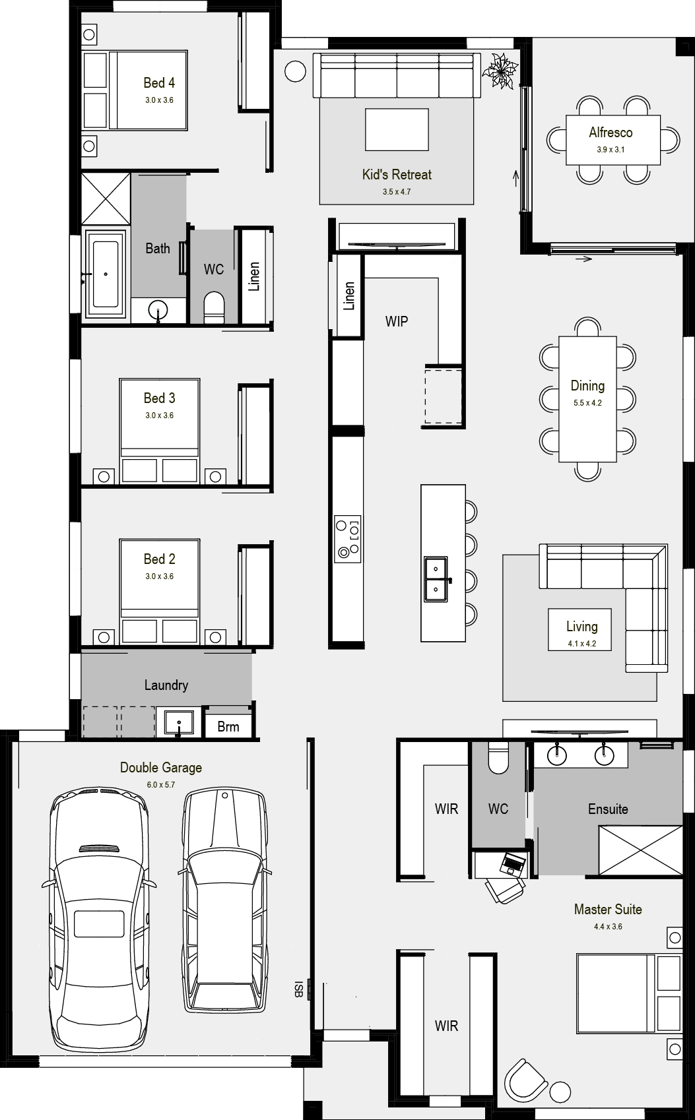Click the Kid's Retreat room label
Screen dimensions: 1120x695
coord(397,175)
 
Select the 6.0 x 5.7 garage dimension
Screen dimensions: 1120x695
coord(160,785)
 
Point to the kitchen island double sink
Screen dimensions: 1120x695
coord(436,579)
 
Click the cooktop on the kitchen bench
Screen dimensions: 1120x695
coord(348,538)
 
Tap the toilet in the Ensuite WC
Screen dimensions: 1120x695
coord(498,758)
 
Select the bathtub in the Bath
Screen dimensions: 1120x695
coord(106,274)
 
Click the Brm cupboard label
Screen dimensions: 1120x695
coord(228,727)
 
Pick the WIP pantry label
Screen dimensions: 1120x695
coord(397,322)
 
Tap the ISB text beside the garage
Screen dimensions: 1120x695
coord(298,989)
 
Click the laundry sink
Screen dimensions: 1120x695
coord(178,723)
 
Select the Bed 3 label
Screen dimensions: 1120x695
coord(160,398)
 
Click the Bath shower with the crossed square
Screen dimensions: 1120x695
coord(106,199)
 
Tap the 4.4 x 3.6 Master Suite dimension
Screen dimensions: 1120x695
coord(608,927)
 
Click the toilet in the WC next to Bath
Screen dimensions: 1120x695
coord(215,307)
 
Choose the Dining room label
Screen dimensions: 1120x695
coord(587,386)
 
